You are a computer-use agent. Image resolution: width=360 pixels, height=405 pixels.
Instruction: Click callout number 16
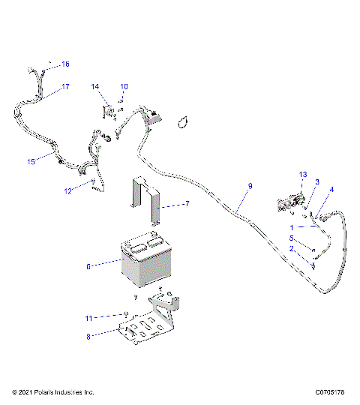pos(65,64)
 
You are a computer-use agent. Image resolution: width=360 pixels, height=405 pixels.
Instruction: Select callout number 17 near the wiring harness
pos(65,86)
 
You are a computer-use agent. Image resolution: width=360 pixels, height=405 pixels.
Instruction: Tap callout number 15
pos(31,161)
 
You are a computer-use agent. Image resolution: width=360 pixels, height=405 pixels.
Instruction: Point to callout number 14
pos(95,87)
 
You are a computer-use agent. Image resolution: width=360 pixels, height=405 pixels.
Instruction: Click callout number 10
pos(124,87)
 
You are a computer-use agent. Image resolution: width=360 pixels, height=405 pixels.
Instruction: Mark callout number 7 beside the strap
pos(187,204)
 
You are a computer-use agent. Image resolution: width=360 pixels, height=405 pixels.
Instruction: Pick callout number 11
pos(88,319)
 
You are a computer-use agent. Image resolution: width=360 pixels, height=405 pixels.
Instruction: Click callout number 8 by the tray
pos(88,337)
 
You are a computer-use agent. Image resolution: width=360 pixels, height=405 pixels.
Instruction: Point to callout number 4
pos(332,190)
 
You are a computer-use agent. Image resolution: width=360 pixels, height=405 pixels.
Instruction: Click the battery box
pos(147,261)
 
